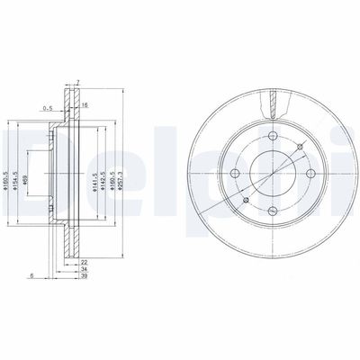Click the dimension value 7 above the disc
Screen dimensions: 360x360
click(x=77, y=82)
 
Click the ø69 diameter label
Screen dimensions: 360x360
click(x=50, y=179)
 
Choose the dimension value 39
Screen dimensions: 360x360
click(x=83, y=278)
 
